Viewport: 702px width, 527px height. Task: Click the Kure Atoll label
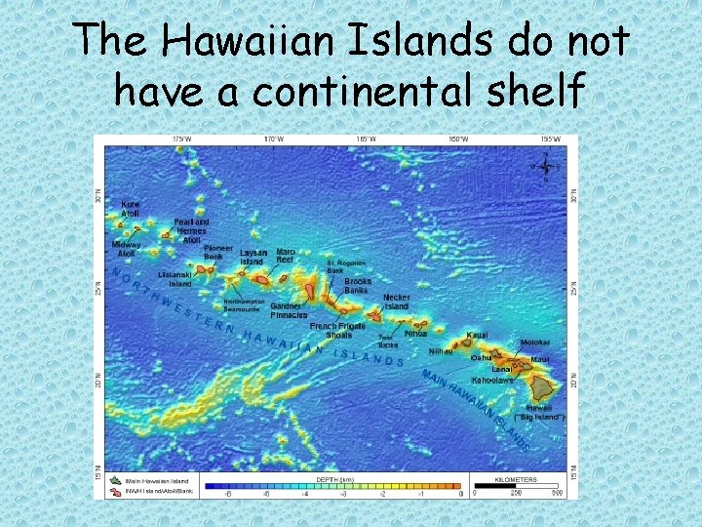click(131, 209)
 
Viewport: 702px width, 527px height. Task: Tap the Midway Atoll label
click(127, 249)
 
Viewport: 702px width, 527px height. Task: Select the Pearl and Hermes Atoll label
click(192, 230)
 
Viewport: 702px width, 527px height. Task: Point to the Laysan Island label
click(253, 258)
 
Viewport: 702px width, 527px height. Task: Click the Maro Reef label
click(285, 256)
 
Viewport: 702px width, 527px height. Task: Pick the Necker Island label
click(396, 302)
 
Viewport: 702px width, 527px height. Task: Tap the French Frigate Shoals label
click(338, 331)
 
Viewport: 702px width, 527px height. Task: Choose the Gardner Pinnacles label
click(289, 310)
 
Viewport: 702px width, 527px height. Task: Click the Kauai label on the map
click(477, 335)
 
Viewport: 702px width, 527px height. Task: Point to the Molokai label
click(535, 343)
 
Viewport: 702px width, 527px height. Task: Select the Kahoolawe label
click(492, 380)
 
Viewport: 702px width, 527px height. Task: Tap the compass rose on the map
click(545, 166)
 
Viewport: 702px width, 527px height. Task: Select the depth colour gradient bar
click(333, 485)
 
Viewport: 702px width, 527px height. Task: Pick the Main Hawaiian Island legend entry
click(145, 481)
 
